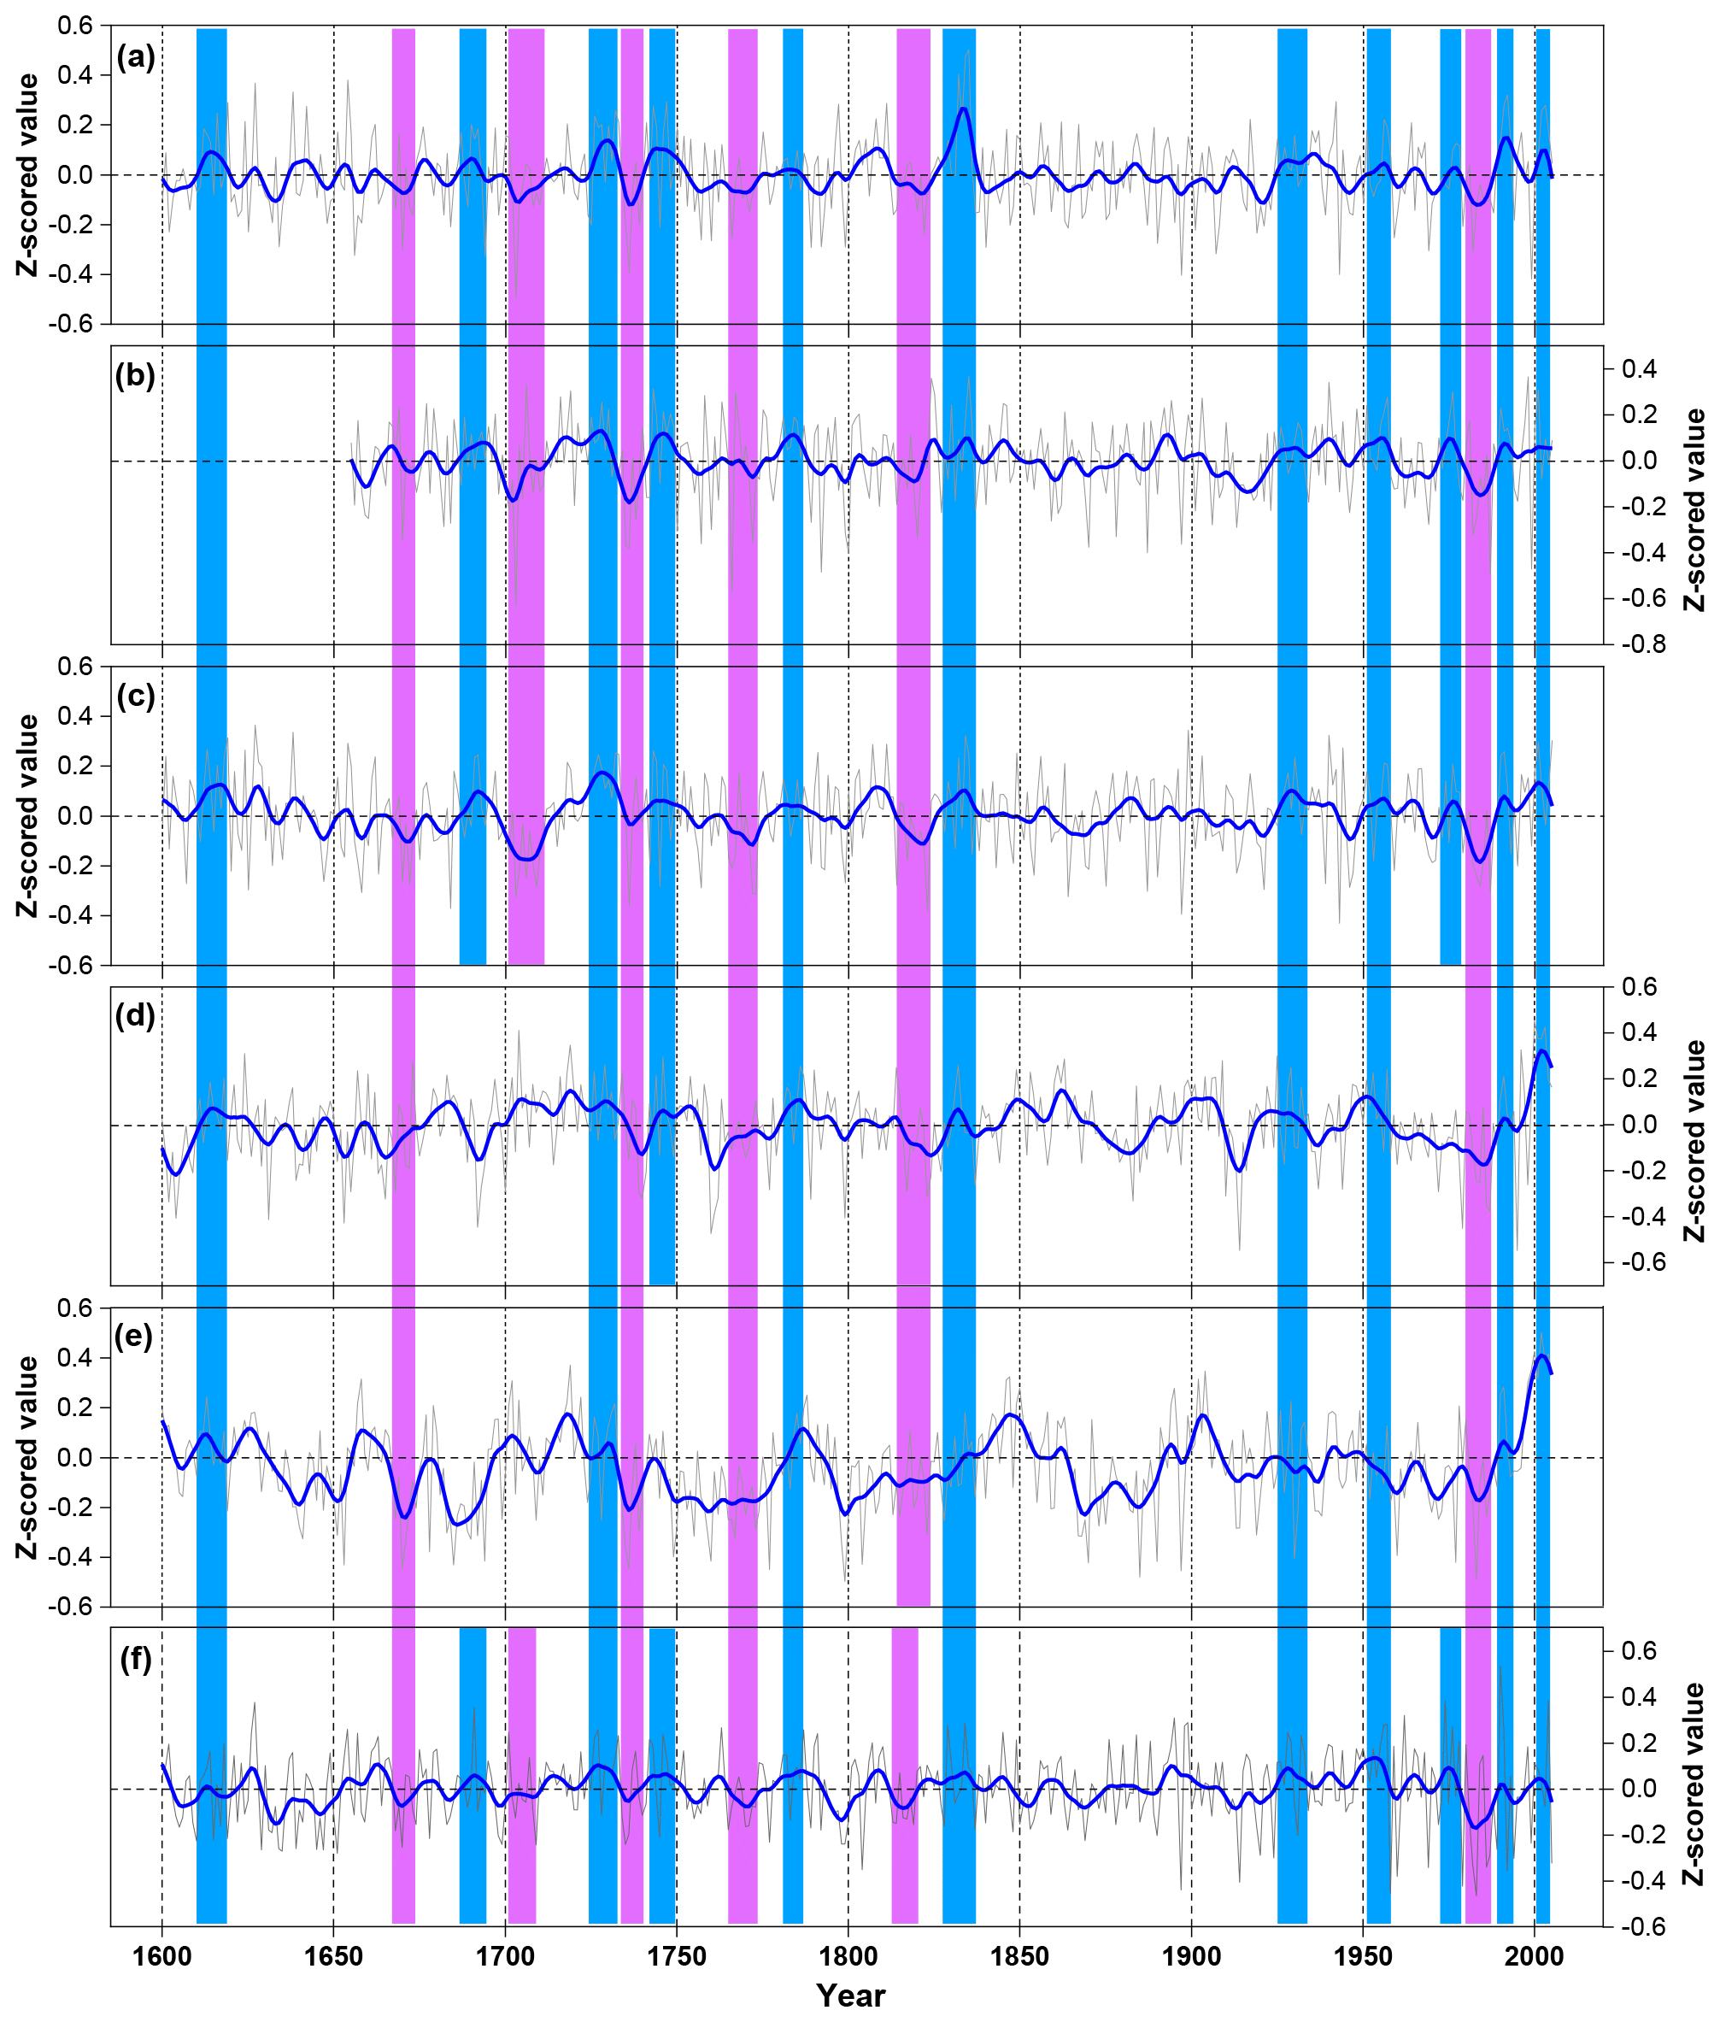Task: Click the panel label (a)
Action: [x=136, y=57]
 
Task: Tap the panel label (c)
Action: [x=136, y=697]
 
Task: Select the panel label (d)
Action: [x=136, y=1016]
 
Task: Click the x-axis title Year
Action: [x=850, y=1996]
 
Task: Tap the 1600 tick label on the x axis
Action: [x=161, y=1957]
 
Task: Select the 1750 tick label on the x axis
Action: [x=677, y=1957]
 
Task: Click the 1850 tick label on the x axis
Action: [x=1020, y=1957]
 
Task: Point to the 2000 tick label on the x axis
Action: [x=1535, y=1957]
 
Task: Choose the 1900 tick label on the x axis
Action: [x=1191, y=1957]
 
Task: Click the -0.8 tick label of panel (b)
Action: [x=1644, y=644]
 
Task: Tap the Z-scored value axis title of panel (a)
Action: [x=28, y=174]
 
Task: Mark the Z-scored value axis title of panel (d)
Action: [x=1694, y=1140]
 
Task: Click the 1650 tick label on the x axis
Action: [x=333, y=1957]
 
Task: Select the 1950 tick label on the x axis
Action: [x=1363, y=1957]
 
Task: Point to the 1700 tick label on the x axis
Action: [x=505, y=1957]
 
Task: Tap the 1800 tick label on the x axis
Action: [x=848, y=1957]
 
